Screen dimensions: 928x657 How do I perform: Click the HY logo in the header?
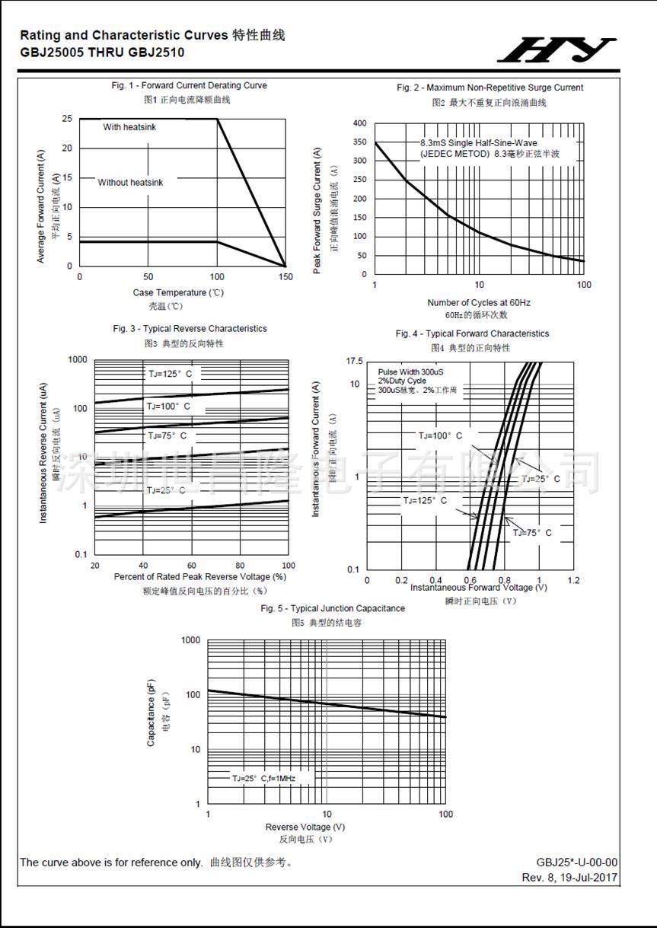click(x=557, y=49)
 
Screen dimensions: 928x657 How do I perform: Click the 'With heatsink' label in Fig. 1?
click(x=129, y=127)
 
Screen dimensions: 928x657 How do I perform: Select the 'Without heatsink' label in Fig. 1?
click(x=130, y=183)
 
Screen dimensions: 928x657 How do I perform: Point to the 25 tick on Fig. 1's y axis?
click(x=67, y=119)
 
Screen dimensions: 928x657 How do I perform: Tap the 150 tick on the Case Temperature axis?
click(x=285, y=277)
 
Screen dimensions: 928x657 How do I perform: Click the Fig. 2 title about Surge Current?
click(x=490, y=88)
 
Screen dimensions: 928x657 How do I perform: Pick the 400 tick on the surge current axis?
click(x=359, y=123)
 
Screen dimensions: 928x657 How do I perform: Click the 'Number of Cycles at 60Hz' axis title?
click(x=479, y=302)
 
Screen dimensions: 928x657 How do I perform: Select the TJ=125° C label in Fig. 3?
click(x=170, y=374)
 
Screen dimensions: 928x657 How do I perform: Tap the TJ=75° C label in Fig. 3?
click(x=166, y=436)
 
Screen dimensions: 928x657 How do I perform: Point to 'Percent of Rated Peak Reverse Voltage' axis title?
click(x=199, y=576)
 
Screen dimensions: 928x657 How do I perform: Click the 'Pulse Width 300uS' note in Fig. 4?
click(x=410, y=372)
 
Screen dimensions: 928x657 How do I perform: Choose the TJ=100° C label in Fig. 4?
click(x=440, y=436)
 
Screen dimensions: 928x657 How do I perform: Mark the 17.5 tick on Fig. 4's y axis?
click(x=354, y=360)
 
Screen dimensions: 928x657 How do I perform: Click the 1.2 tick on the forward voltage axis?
click(x=574, y=580)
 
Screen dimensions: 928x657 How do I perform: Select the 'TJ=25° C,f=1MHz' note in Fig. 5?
click(x=263, y=779)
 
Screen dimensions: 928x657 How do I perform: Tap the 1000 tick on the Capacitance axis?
click(x=190, y=640)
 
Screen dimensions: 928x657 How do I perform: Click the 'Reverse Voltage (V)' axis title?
click(x=305, y=827)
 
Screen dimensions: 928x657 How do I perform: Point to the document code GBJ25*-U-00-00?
click(x=576, y=863)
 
